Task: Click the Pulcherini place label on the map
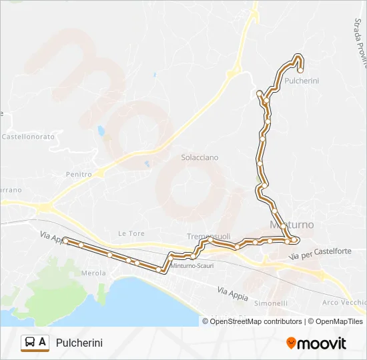tap(302, 81)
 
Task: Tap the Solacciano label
tap(200, 157)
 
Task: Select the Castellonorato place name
tap(28, 136)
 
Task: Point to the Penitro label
tap(79, 174)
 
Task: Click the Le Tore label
tap(131, 233)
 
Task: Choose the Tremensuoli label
tap(208, 237)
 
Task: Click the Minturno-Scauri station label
tap(192, 265)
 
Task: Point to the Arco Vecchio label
tap(342, 303)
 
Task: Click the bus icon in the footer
tap(31, 343)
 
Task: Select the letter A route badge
tap(43, 343)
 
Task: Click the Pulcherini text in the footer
tap(79, 343)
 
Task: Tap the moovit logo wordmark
tap(322, 343)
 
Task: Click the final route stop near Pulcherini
tap(300, 69)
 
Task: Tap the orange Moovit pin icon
tap(291, 343)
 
